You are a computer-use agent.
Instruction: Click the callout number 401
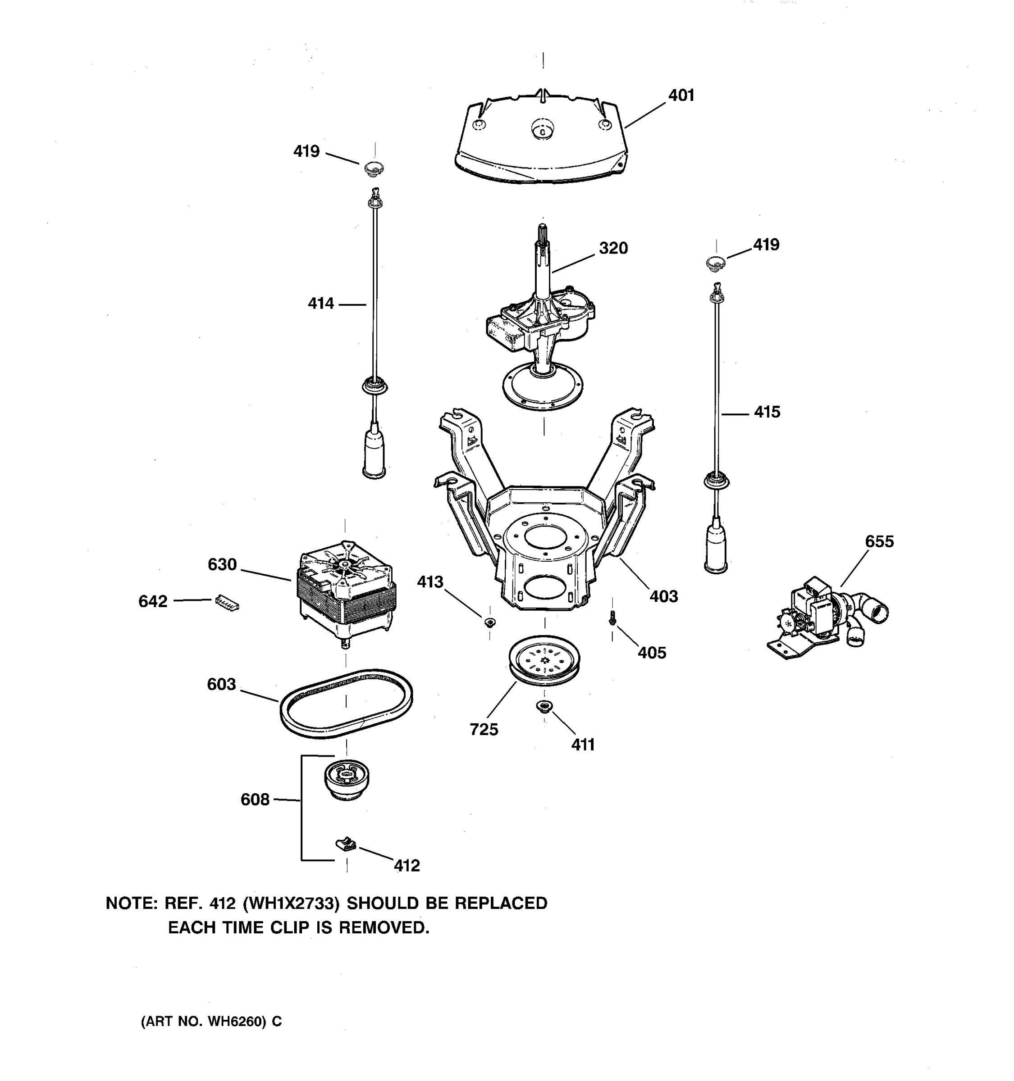point(681,95)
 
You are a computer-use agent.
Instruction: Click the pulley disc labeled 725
point(544,661)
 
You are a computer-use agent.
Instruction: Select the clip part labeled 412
point(345,844)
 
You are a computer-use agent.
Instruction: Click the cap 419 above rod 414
point(374,168)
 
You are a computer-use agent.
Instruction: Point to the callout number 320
point(613,249)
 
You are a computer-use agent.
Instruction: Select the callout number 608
point(255,800)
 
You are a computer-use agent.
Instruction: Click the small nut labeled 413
point(489,622)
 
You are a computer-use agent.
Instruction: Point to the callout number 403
point(664,596)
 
